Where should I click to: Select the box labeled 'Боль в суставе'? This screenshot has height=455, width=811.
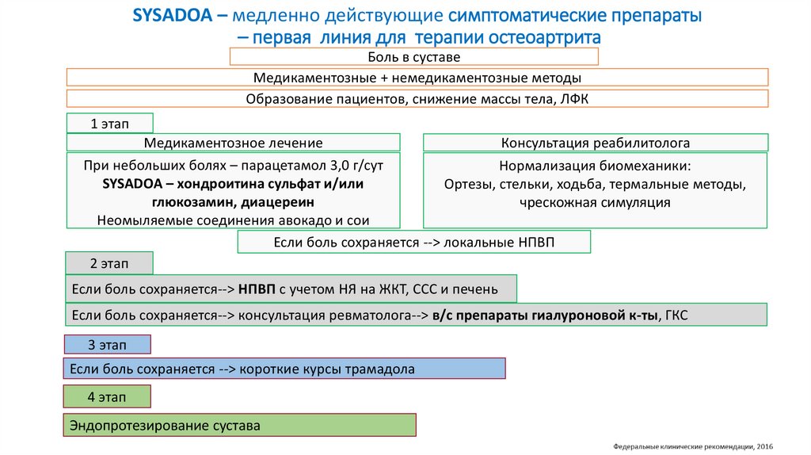(413, 57)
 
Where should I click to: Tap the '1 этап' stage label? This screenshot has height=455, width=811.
(109, 124)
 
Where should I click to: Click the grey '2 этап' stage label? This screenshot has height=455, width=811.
(109, 263)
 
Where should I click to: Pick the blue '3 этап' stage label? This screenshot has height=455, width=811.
(107, 345)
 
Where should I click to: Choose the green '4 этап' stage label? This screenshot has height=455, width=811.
(107, 396)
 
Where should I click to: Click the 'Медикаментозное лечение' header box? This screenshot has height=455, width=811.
(233, 143)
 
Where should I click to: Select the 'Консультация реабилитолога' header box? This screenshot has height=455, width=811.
(595, 143)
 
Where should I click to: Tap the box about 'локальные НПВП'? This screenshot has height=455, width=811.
(413, 243)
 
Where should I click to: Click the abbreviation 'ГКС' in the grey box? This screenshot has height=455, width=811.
(677, 315)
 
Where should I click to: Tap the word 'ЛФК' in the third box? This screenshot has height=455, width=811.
(573, 99)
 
